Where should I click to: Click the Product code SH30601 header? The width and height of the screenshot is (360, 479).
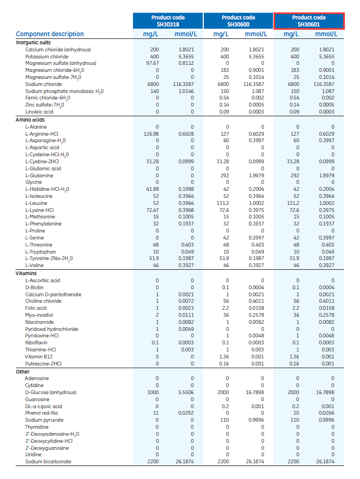click(x=309, y=21)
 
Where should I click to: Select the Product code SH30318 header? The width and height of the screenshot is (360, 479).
click(x=168, y=21)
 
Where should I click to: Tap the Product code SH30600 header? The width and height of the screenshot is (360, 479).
click(x=238, y=21)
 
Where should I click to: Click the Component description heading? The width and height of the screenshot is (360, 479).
click(x=50, y=34)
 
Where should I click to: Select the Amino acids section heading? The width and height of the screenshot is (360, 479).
click(x=30, y=119)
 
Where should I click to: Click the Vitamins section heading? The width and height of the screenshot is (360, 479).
click(x=26, y=274)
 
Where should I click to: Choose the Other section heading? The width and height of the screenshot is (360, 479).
click(x=23, y=371)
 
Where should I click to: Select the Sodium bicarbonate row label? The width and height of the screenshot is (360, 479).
click(x=48, y=462)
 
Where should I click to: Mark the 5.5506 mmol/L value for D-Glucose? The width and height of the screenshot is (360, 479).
click(x=185, y=392)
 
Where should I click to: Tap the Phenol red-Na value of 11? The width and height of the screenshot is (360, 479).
click(x=157, y=413)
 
